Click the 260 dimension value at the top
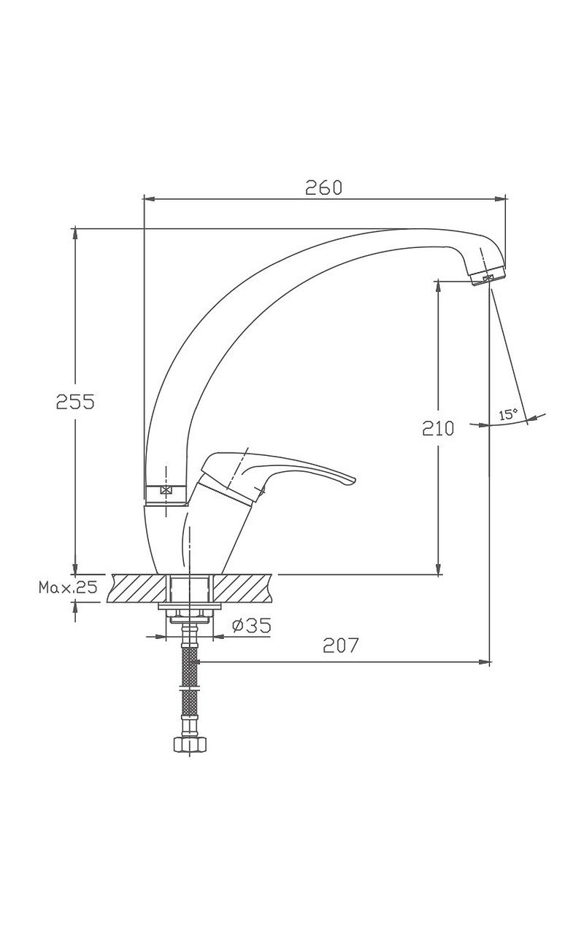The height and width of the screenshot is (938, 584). (x=323, y=187)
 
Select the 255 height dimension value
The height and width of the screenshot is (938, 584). (x=75, y=402)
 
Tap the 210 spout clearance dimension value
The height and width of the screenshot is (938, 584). (x=438, y=428)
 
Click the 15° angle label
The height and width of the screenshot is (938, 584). (x=508, y=414)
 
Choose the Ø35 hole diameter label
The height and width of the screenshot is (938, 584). (x=252, y=625)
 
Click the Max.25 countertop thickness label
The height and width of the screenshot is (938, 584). (x=68, y=587)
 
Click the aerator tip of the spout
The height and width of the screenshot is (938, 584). (x=488, y=276)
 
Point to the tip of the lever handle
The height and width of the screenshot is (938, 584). (x=351, y=481)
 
